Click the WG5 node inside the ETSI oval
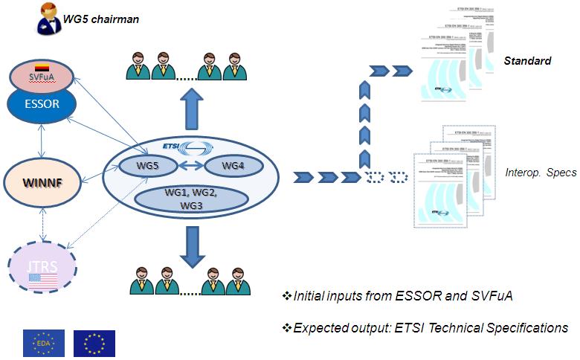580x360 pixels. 146,166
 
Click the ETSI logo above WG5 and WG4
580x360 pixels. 181,146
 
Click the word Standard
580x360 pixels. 527,60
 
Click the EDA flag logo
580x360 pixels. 44,342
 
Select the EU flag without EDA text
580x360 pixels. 94,342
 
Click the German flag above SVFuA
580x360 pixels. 42,68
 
